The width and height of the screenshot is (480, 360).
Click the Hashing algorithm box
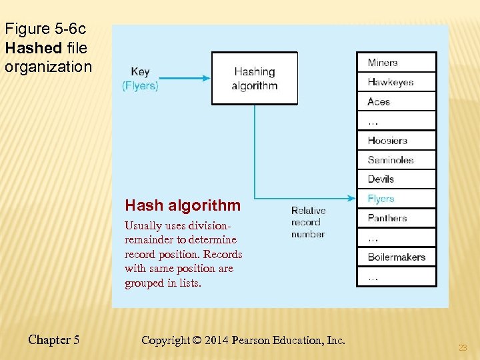pyautogui.click(x=254, y=79)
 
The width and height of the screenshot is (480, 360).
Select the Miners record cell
pyautogui.click(x=396, y=63)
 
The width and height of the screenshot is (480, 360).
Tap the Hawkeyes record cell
pyautogui.click(x=396, y=82)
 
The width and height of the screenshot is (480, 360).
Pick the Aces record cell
pyautogui.click(x=396, y=101)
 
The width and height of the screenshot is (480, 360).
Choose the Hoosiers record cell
pyautogui.click(x=396, y=141)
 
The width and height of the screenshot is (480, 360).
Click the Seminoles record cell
pyautogui.click(x=396, y=160)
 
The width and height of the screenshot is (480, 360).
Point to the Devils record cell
pyautogui.click(x=396, y=179)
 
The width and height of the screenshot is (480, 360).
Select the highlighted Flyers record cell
pyautogui.click(x=396, y=199)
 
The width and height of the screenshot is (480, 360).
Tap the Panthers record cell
pyautogui.click(x=396, y=218)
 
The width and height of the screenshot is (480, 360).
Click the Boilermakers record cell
pyautogui.click(x=396, y=257)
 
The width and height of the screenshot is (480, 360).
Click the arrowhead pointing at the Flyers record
pyautogui.click(x=351, y=198)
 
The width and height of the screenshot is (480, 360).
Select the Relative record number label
pyautogui.click(x=308, y=222)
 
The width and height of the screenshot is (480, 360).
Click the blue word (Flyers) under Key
pyautogui.click(x=140, y=85)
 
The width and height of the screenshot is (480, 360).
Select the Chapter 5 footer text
pyautogui.click(x=54, y=340)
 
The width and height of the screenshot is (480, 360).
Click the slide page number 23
pyautogui.click(x=463, y=347)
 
